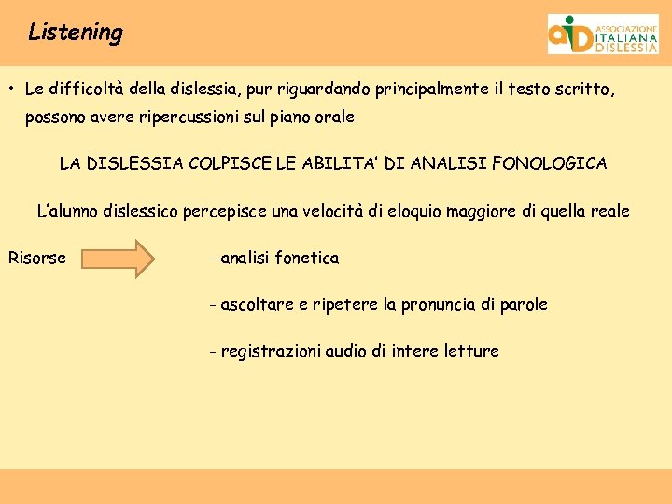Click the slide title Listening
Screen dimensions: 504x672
click(x=75, y=33)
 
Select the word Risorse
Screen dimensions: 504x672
click(x=37, y=259)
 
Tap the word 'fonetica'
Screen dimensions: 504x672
click(x=307, y=259)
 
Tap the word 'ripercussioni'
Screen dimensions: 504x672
click(x=196, y=119)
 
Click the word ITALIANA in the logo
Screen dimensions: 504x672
click(x=625, y=37)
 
